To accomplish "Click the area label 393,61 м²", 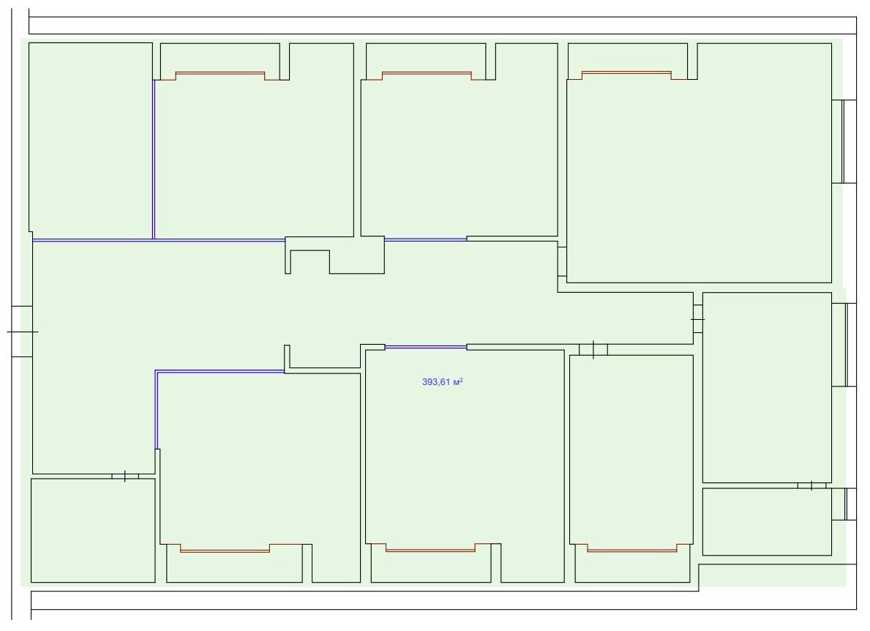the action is click(x=442, y=382).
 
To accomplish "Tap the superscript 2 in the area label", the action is click(x=461, y=380).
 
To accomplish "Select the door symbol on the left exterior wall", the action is click(x=22, y=332).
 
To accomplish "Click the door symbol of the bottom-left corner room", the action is click(x=125, y=476).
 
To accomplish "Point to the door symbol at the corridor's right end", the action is click(x=697, y=320).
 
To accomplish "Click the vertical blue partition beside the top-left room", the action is click(x=154, y=160).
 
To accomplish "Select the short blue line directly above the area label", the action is click(x=426, y=347).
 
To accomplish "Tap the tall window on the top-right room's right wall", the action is click(x=844, y=141).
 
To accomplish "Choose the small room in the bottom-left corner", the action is click(x=93, y=531).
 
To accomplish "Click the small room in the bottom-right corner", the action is click(x=768, y=522).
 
